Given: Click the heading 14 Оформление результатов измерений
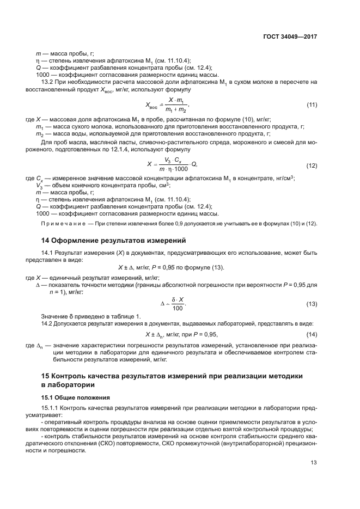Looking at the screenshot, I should click(x=114, y=240).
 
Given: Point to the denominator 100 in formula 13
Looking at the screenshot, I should click(x=176, y=308).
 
